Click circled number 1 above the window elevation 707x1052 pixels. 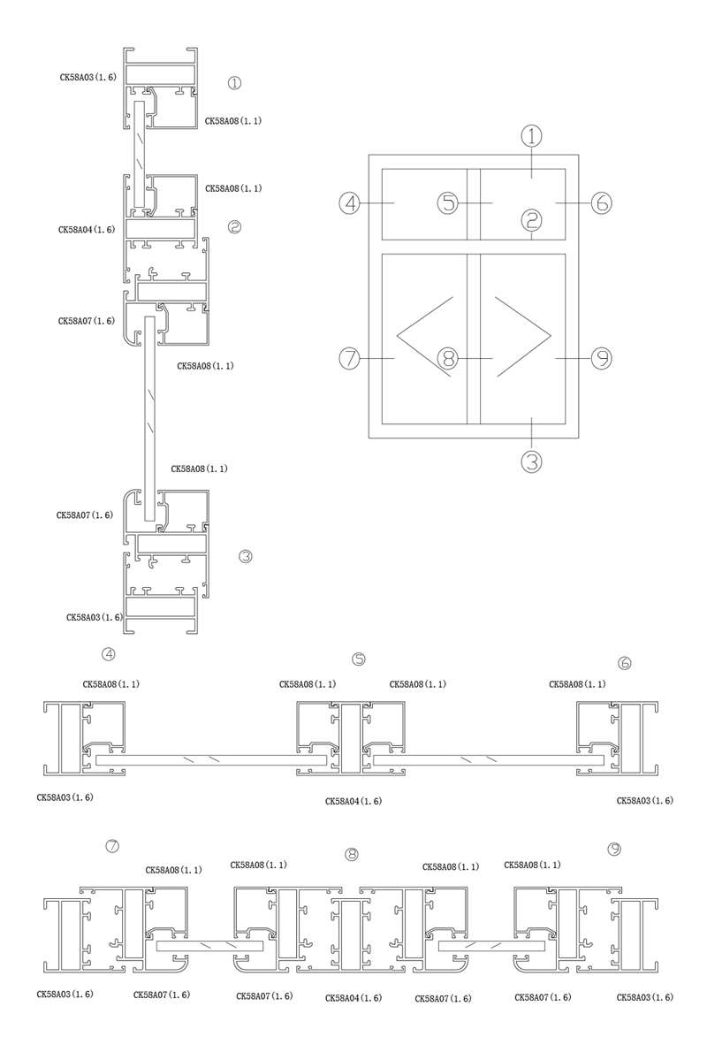530,136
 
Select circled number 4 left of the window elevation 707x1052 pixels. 351,202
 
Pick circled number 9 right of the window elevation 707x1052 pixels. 601,358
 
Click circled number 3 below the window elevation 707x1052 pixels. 530,461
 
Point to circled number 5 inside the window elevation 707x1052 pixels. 449,202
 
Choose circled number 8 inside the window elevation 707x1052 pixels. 449,358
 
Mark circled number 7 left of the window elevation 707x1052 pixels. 351,358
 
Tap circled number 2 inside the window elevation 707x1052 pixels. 530,217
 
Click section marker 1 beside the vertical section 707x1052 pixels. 234,83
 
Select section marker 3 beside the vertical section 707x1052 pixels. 246,556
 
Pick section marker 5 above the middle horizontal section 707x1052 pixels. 358,659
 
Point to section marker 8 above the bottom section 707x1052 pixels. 352,854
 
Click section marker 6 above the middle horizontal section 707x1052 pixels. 625,662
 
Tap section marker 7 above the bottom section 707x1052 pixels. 112,846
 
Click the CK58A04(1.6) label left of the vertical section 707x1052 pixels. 87,230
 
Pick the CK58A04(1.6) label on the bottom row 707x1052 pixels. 353,998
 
